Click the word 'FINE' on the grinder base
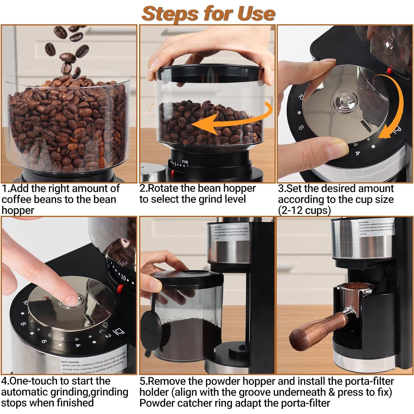185,162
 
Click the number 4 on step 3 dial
358,153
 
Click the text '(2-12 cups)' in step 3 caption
304,211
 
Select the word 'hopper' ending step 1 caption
18,211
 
